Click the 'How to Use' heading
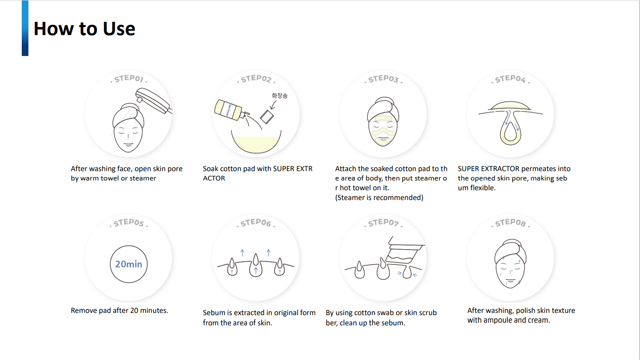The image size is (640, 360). (84, 28)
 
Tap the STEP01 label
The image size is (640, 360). (129, 78)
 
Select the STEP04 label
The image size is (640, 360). (510, 79)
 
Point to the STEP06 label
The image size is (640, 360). (256, 223)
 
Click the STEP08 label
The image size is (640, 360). (510, 223)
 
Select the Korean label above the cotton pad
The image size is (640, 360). (279, 96)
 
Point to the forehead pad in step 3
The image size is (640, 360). (383, 118)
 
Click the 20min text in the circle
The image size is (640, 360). (128, 264)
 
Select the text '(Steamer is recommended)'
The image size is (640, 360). (379, 198)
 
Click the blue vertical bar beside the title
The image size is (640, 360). (25, 28)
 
